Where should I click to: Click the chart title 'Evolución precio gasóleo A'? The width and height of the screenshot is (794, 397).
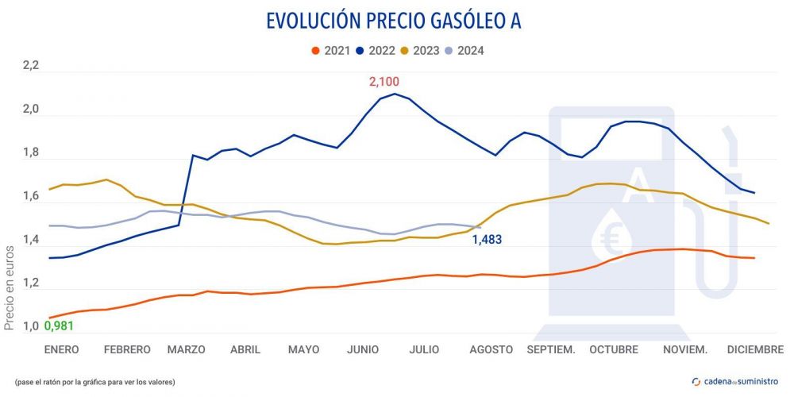[x=394, y=21]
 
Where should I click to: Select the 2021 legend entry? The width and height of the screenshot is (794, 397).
[x=331, y=51]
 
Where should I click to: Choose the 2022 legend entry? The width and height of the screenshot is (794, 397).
[x=376, y=51]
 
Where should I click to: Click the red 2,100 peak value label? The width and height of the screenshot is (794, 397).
[x=384, y=81]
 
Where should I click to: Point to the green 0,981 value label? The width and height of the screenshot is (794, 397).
[x=59, y=326]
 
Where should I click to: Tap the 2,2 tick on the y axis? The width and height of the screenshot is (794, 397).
[x=30, y=67]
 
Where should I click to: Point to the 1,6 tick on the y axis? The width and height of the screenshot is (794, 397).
[x=30, y=197]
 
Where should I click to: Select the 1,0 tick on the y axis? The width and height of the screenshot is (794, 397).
[x=30, y=326]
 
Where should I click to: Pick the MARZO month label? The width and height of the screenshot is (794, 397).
[x=187, y=349]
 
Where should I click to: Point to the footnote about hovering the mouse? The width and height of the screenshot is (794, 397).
[x=94, y=382]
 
